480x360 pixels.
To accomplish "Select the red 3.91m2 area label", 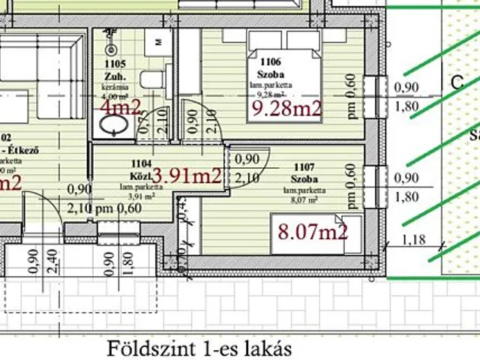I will click(187, 176).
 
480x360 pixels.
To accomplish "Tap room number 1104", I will click(142, 162).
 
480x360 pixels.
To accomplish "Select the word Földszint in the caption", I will click(143, 349).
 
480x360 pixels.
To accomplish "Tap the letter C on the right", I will click(456, 84).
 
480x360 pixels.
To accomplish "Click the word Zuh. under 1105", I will click(114, 76).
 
